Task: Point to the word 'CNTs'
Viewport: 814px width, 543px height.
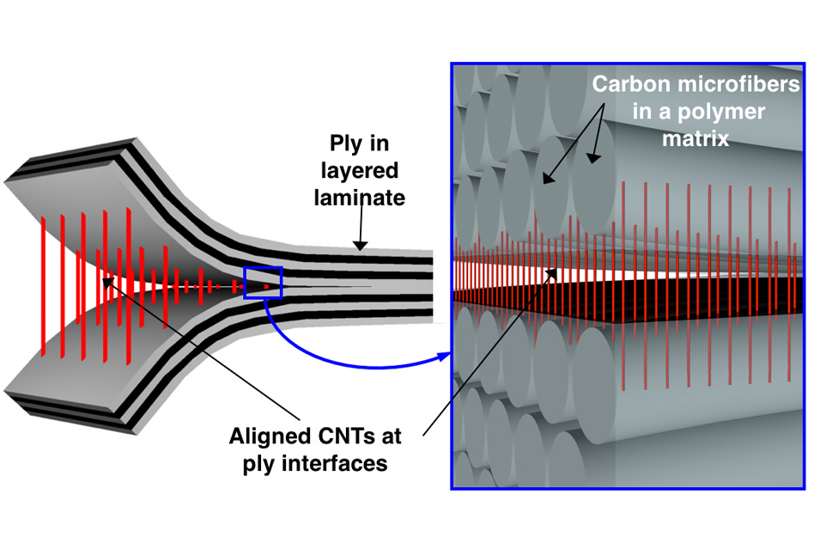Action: (x=341, y=436)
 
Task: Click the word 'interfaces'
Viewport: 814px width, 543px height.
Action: (x=338, y=464)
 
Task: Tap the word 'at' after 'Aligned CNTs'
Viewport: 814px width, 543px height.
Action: (x=392, y=436)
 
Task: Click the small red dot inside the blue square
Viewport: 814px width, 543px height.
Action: (x=268, y=285)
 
